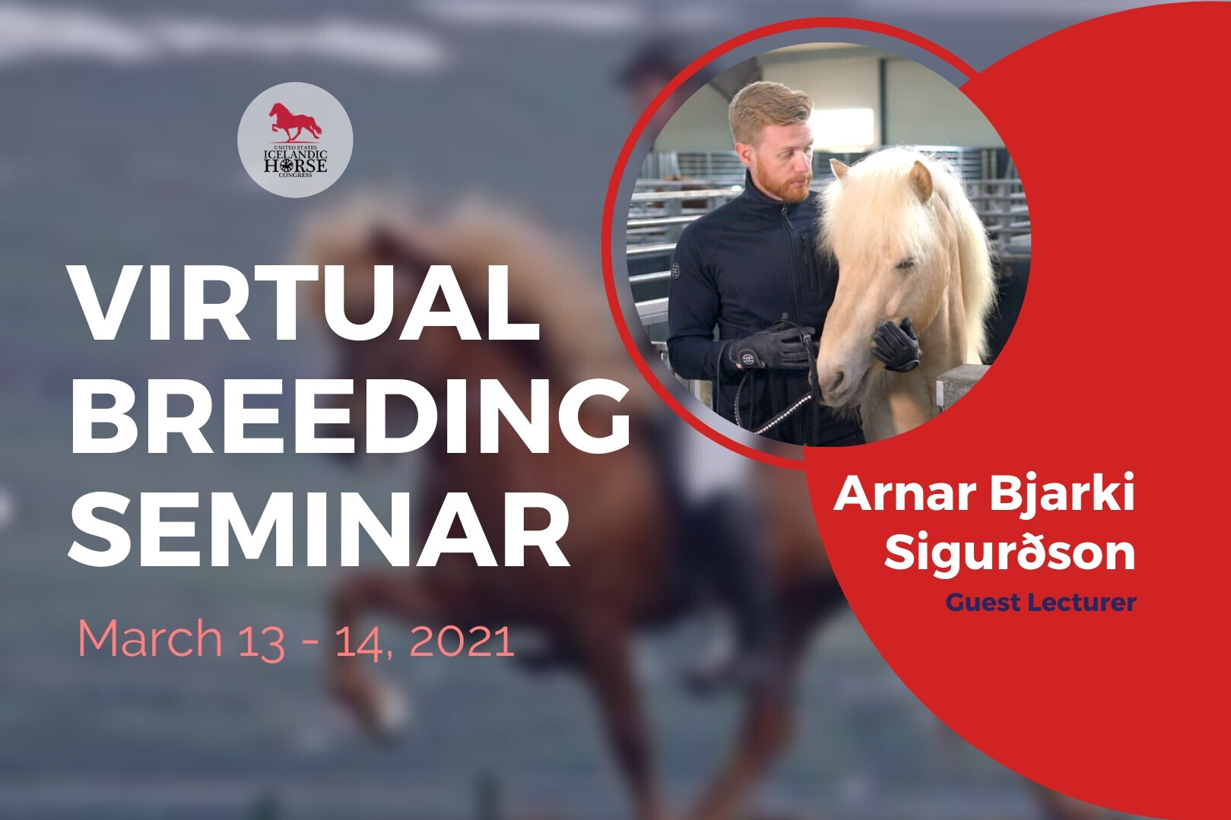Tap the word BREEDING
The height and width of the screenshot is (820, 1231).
click(x=350, y=416)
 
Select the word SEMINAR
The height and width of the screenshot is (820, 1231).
click(x=319, y=528)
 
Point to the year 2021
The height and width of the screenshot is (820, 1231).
click(x=462, y=638)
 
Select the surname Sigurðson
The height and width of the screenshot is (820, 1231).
click(x=1010, y=555)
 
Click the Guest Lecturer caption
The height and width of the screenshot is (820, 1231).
click(x=1041, y=602)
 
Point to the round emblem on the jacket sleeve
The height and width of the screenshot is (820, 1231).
click(x=675, y=270)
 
